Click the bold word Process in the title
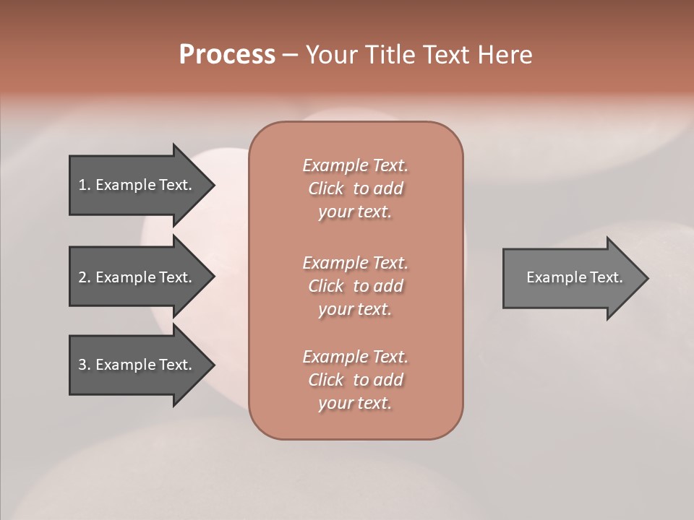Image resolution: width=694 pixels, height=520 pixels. (x=227, y=55)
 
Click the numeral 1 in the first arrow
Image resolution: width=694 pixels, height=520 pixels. (x=82, y=185)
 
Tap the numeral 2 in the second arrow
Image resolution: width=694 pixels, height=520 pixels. (x=82, y=277)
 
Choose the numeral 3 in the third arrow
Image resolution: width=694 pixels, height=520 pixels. (x=82, y=365)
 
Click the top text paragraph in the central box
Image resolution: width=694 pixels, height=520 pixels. (x=355, y=188)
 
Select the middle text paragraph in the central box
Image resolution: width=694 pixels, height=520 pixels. (x=355, y=285)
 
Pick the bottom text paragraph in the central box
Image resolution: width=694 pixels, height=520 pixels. (x=355, y=380)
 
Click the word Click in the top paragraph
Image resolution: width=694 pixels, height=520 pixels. (x=326, y=188)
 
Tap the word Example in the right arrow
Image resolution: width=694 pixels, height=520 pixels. (x=550, y=277)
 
